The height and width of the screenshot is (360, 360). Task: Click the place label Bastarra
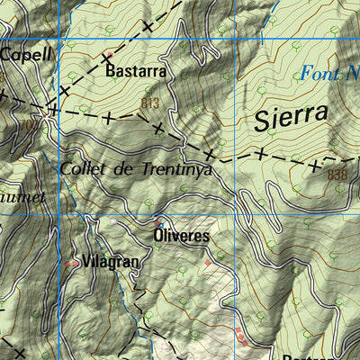tap(135, 69)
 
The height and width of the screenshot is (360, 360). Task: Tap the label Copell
tap(26, 54)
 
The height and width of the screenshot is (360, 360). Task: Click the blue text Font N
tap(328, 75)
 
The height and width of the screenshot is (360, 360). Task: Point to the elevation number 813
tap(149, 103)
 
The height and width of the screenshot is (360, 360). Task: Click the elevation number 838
tap(337, 175)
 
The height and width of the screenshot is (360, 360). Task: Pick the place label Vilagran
tap(110, 262)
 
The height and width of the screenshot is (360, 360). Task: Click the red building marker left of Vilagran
tap(73, 263)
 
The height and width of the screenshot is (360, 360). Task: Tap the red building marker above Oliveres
tap(158, 221)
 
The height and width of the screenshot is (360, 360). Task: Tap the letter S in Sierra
tap(262, 119)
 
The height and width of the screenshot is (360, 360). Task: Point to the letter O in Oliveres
tap(157, 237)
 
